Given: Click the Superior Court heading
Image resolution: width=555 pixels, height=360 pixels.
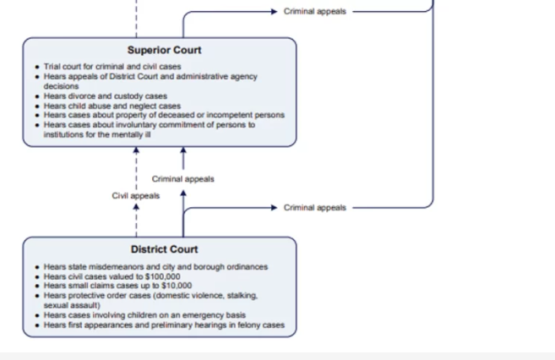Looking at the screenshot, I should tap(165, 50).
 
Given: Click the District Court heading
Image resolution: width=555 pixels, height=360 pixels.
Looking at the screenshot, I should tap(164, 249).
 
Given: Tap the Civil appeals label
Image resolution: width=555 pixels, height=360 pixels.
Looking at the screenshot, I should tap(135, 196).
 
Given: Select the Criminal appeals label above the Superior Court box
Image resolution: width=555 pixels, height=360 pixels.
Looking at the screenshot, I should tap(314, 12).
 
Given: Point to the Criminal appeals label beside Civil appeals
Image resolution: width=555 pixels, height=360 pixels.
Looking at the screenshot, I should tap(182, 179).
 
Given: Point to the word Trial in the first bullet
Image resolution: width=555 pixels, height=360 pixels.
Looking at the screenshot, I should tap(53, 67).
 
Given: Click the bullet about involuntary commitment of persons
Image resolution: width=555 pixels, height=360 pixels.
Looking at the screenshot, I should tap(149, 125).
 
